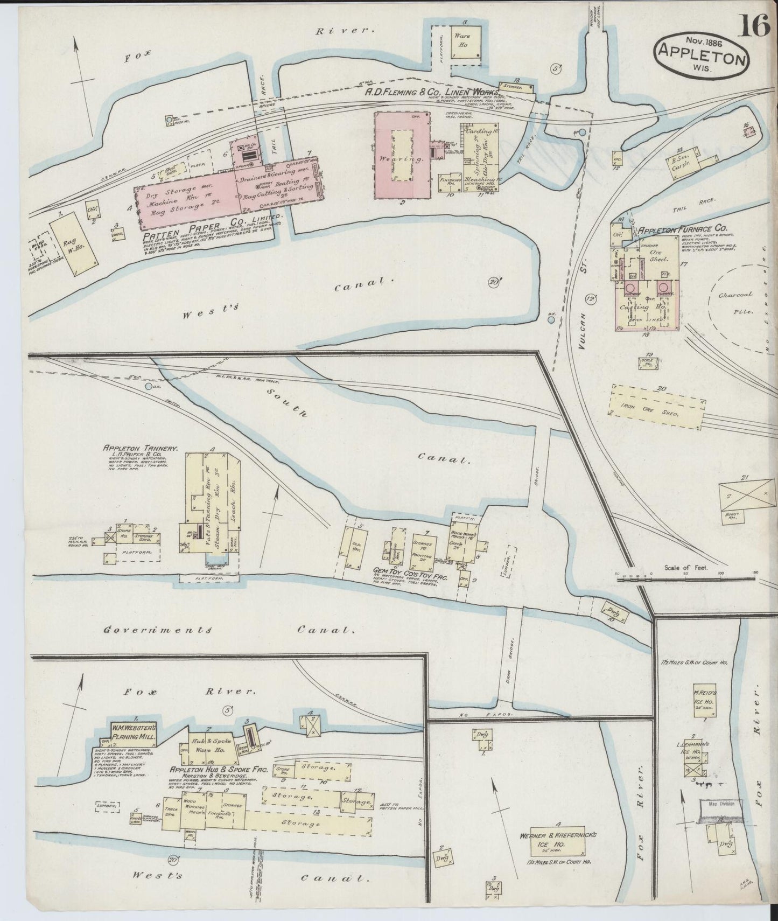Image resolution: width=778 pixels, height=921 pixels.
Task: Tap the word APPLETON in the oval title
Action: (700, 54)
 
